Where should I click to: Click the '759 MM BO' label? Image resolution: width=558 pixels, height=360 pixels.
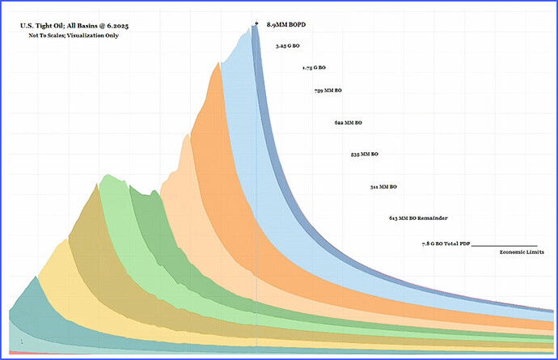coord(328,90)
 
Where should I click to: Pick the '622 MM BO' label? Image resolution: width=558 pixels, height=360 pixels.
coord(348,122)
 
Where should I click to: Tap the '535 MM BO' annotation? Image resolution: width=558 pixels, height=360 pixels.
coord(365,153)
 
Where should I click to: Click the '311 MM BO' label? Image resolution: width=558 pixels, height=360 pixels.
coord(383,187)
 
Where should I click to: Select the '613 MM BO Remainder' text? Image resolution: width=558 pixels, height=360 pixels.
coord(418,218)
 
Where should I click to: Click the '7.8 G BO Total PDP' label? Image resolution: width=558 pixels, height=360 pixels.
coord(445,244)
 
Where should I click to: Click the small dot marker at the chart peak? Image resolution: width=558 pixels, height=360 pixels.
coord(256,23)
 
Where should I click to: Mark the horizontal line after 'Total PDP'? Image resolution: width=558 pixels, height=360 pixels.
coord(504,245)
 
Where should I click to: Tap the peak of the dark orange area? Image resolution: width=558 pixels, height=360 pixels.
coord(215,63)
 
